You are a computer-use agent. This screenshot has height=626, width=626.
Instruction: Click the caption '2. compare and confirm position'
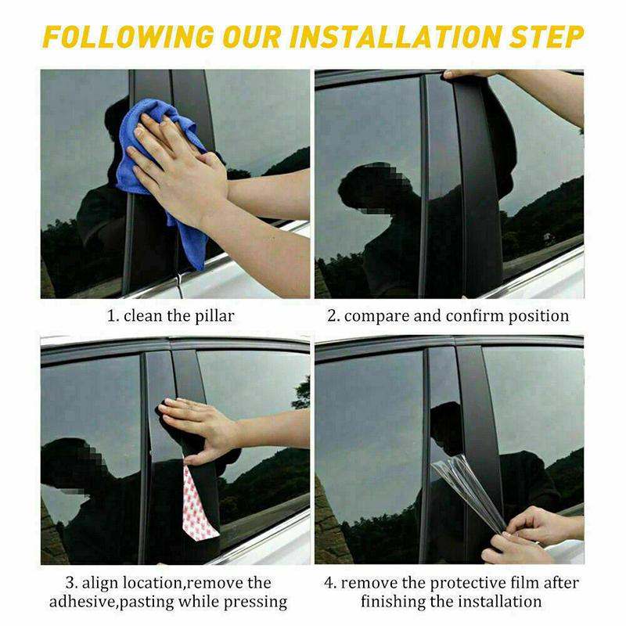tap(448, 317)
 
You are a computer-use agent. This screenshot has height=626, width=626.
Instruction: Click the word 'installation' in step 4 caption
tap(498, 603)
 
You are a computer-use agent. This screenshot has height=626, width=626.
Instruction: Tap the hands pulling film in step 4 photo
tap(532, 532)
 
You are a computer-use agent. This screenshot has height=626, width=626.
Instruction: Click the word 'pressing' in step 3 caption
tap(256, 603)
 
